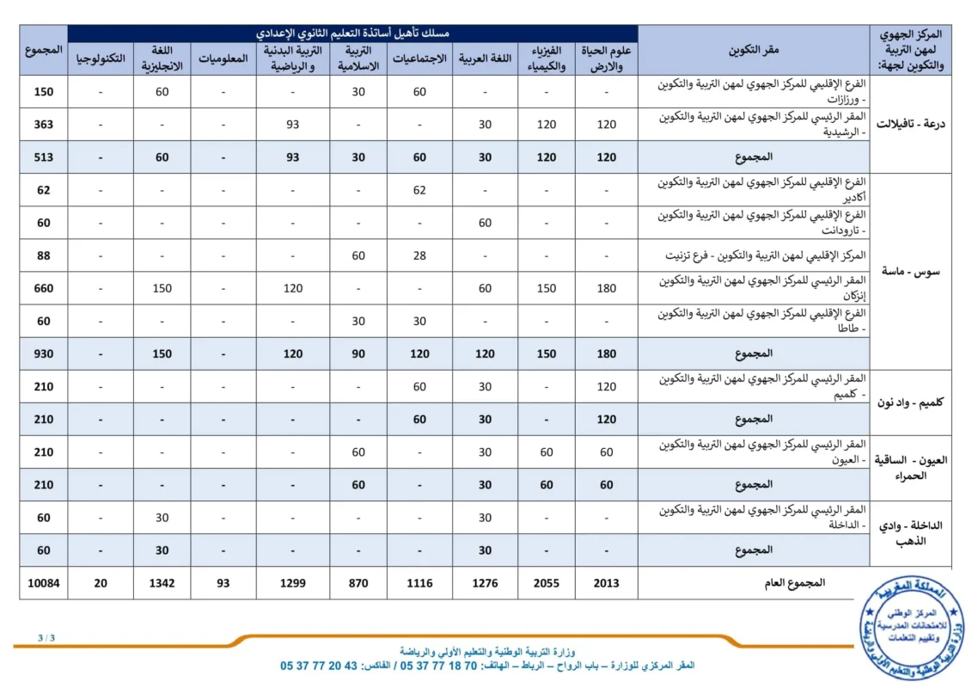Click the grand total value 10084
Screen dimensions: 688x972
(43, 583)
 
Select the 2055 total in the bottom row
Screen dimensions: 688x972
(547, 583)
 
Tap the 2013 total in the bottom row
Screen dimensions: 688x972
(607, 583)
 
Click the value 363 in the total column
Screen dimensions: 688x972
(43, 125)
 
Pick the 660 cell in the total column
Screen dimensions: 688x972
(43, 288)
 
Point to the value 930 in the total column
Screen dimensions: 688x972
(43, 353)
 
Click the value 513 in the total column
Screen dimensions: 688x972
(43, 157)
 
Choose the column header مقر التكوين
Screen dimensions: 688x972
(754, 51)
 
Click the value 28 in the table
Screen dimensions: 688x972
(419, 255)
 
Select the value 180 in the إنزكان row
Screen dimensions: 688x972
(607, 288)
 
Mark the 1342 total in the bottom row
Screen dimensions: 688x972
(162, 583)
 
